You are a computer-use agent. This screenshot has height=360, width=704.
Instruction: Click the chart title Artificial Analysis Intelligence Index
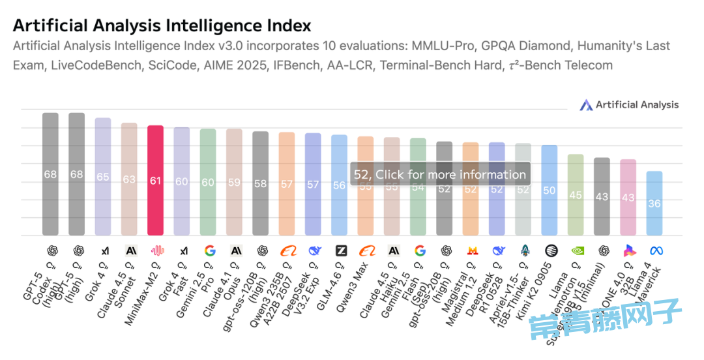(162, 25)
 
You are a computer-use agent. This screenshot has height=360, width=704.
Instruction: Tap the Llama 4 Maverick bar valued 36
(654, 203)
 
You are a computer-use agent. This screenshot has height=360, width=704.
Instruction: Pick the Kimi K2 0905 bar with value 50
(550, 190)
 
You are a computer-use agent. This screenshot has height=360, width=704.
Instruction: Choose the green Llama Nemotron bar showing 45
(576, 194)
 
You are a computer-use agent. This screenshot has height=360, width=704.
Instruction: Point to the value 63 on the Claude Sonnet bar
(129, 179)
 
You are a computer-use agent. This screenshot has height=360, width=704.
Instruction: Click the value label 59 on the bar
(234, 183)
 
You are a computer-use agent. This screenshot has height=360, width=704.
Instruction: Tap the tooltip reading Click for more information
(440, 174)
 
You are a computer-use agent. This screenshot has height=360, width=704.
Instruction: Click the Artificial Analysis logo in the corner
(629, 104)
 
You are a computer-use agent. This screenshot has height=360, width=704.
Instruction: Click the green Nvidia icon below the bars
(576, 250)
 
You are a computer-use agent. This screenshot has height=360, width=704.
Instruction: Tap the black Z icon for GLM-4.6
(340, 250)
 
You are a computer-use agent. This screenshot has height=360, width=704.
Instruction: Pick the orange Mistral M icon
(471, 250)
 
